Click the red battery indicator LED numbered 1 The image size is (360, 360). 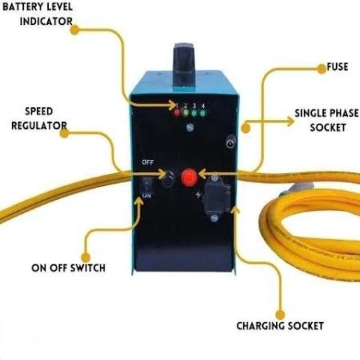pos(177,112)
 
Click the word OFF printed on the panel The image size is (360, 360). pos(148,162)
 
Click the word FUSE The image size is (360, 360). pos(337,67)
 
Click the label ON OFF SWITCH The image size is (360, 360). pos(68,268)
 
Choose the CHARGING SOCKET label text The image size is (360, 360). pos(280,325)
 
